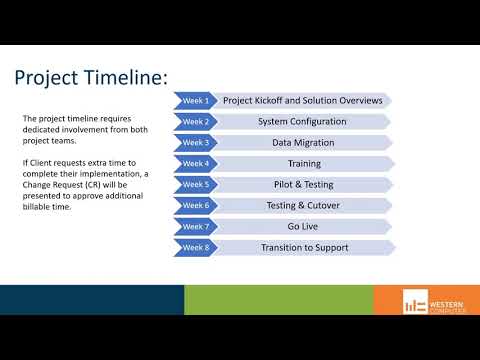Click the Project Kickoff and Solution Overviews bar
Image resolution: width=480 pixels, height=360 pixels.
click(x=302, y=100)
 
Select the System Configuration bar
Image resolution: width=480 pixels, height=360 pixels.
click(x=302, y=121)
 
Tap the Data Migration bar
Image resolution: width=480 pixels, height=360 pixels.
click(x=302, y=142)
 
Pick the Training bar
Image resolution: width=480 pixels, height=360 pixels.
click(x=302, y=163)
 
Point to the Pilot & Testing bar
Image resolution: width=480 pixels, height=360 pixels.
click(x=302, y=184)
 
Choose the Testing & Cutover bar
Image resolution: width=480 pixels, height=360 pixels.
click(x=302, y=205)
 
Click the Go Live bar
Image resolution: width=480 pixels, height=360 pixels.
click(x=302, y=226)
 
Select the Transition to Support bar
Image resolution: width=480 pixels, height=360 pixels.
click(x=302, y=247)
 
